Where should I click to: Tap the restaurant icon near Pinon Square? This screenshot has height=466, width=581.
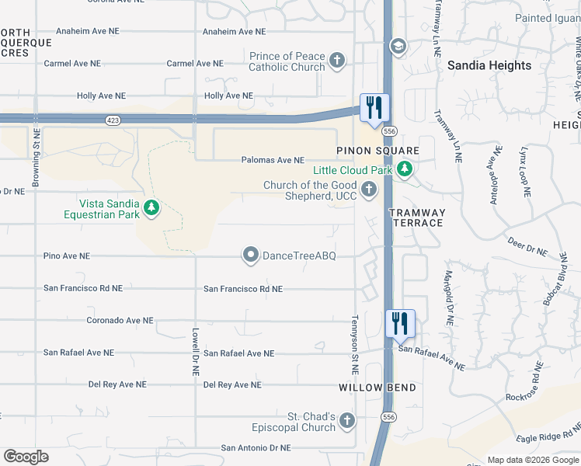[x=374, y=108]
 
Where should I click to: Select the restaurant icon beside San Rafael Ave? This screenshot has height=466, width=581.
[x=400, y=322]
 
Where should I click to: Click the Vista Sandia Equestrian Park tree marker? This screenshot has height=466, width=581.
[x=151, y=208]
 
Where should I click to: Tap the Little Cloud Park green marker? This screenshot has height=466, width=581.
[x=404, y=169]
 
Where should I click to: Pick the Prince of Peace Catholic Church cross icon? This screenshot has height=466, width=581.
[x=336, y=61]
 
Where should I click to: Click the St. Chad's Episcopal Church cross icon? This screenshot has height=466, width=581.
[x=347, y=421]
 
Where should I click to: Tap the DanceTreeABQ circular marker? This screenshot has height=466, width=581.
[x=251, y=255]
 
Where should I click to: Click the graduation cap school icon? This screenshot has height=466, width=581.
[x=398, y=47]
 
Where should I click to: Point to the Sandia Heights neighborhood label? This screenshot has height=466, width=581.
[x=489, y=66]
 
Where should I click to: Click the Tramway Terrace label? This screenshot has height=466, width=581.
[x=416, y=217]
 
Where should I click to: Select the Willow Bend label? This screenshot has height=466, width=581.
[x=377, y=388]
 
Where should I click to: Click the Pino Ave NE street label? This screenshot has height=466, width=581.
[x=67, y=256]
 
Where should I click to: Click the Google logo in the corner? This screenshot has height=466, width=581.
[x=26, y=457]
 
